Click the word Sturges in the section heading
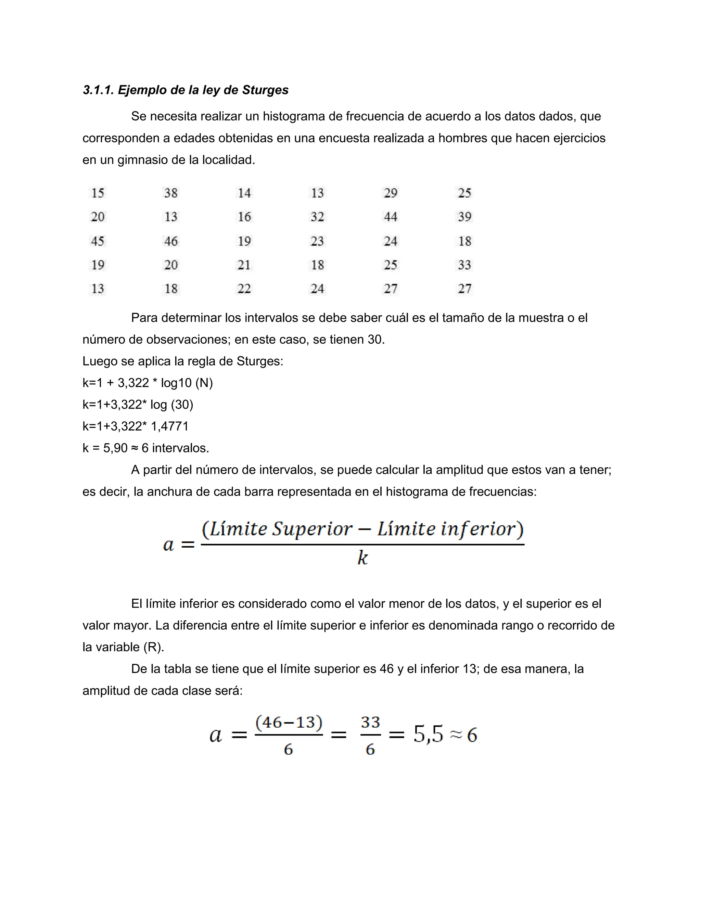tap(265, 90)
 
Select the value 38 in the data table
tap(171, 193)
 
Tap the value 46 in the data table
tap(171, 241)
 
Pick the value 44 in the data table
tap(390, 217)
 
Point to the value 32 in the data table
tap(317, 217)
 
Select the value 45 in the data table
tap(98, 241)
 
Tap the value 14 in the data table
tap(244, 193)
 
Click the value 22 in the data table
tap(244, 289)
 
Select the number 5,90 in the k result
tap(115, 448)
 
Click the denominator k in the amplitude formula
tap(362, 558)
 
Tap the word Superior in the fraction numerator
tap(312, 529)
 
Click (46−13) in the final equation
tap(289, 722)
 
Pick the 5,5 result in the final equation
tap(428, 734)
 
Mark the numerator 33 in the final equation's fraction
tap(370, 722)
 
